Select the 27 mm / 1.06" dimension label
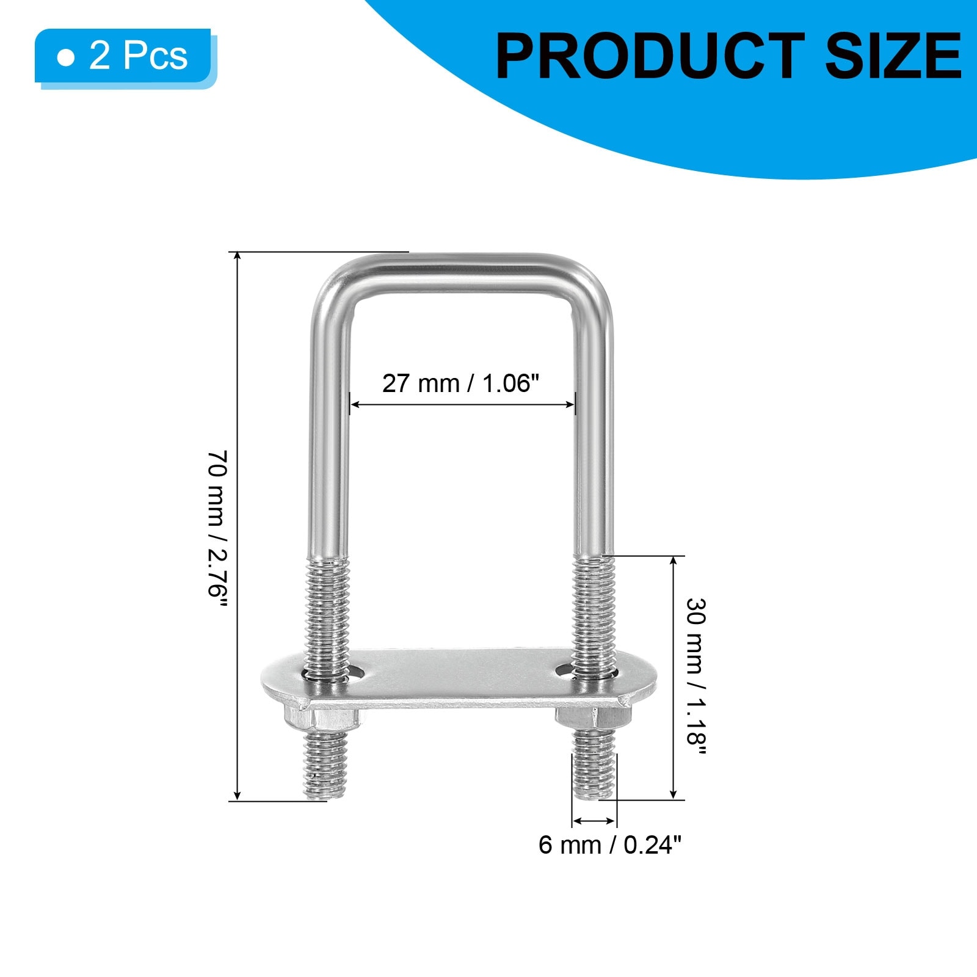pos(461,383)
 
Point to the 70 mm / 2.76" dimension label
pos(218,529)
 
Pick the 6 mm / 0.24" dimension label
pos(609,845)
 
